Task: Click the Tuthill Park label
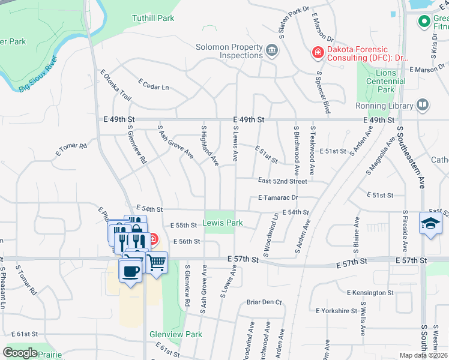click(x=153, y=18)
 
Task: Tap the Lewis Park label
click(x=223, y=223)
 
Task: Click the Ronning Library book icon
click(x=423, y=106)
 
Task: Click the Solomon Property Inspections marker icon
click(x=272, y=50)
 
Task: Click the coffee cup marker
click(x=130, y=271)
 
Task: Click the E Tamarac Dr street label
click(x=278, y=197)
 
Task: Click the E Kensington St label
click(x=370, y=293)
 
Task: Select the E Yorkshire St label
click(x=336, y=311)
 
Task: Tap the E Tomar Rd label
click(x=71, y=148)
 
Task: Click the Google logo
click(x=20, y=353)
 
